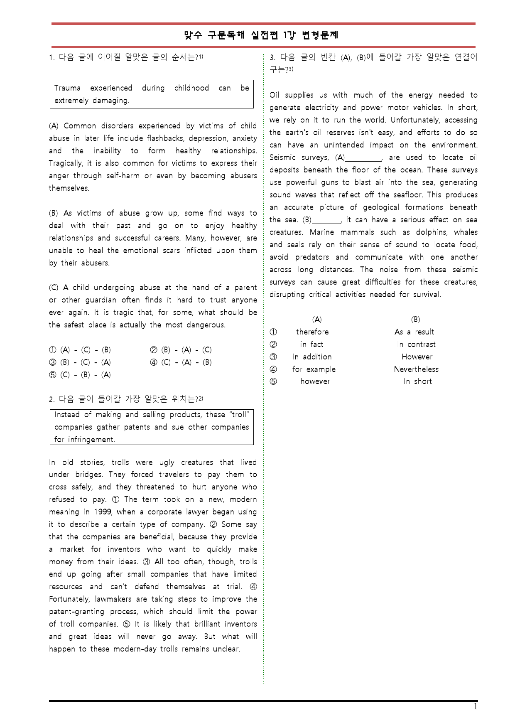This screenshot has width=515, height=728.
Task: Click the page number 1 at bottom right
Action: coord(476,707)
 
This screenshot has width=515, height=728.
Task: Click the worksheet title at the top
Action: coord(261,35)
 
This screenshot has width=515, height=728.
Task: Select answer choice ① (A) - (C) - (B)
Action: coord(80,350)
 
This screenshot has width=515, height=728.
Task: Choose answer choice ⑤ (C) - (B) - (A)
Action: coord(80,375)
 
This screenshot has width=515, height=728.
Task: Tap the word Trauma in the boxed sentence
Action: coord(67,88)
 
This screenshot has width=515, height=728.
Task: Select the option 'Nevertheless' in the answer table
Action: coord(416,369)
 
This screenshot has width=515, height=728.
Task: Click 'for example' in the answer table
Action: coord(314,369)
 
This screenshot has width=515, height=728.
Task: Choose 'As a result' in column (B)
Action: coord(414,332)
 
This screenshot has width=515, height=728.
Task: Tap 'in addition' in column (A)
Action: coord(312,357)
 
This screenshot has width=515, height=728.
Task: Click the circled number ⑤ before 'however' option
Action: coord(273,381)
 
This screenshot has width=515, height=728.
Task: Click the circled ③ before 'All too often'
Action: coord(146,562)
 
